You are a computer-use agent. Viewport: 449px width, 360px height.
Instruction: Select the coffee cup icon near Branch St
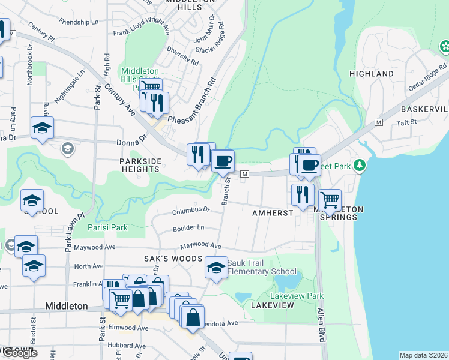coord(223,161)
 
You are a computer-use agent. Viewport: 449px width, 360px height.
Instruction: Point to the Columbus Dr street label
coord(191,211)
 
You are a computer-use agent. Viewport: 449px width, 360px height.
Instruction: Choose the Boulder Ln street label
coord(188,228)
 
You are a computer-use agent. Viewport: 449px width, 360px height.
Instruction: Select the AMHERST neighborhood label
coord(272,213)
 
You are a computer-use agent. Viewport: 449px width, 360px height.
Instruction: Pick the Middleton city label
coord(67,306)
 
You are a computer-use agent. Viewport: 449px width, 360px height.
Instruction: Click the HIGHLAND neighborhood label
coord(372,74)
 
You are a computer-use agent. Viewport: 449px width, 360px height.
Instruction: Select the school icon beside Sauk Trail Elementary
coord(217,268)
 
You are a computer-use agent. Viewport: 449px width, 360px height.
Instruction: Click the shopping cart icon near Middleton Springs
coord(330,199)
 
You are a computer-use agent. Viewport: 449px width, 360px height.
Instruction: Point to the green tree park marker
coord(360,164)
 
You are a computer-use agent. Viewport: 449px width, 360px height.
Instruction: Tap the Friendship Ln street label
coord(79,22)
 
